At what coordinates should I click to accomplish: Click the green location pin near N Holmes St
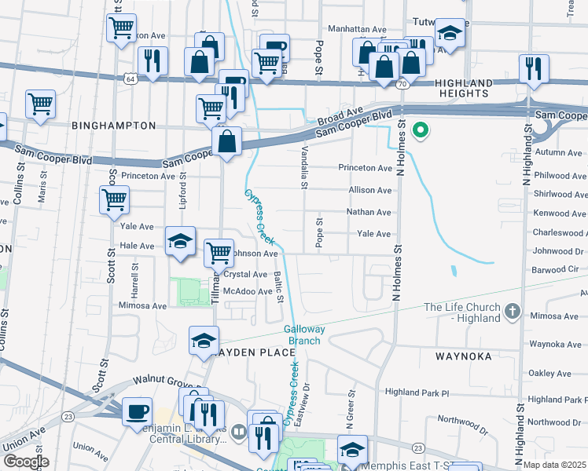click(x=421, y=130)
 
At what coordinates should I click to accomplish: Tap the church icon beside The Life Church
click(x=513, y=312)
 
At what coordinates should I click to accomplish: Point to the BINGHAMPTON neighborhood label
click(x=113, y=125)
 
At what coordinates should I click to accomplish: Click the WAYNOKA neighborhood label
click(x=463, y=356)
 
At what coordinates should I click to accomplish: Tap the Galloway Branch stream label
click(x=303, y=335)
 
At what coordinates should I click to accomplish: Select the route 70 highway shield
click(x=401, y=83)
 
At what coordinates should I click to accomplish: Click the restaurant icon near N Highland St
click(x=534, y=68)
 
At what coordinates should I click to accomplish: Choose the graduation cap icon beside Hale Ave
click(x=180, y=240)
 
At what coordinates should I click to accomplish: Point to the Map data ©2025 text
click(x=555, y=465)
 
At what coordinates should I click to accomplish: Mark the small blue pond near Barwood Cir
click(x=454, y=272)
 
